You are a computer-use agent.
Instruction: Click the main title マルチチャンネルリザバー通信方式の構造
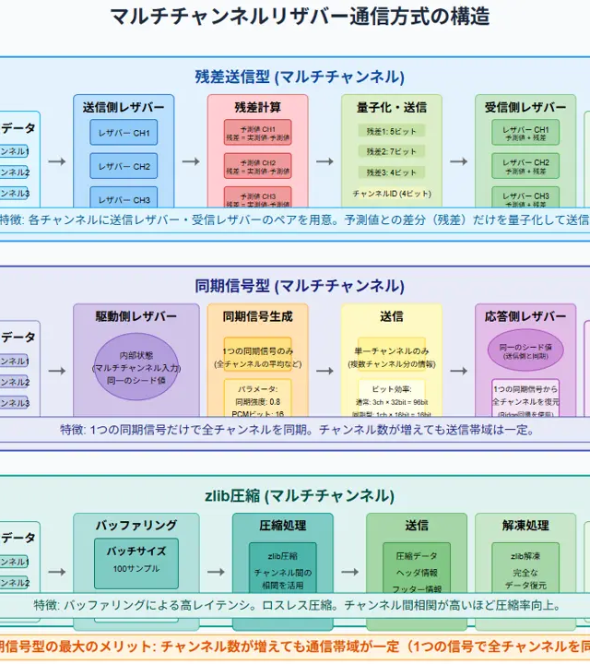(x=300, y=17)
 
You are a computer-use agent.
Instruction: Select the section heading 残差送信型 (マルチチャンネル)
(x=300, y=77)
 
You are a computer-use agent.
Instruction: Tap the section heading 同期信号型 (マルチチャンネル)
(x=300, y=286)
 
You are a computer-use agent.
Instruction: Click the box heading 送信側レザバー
(x=124, y=107)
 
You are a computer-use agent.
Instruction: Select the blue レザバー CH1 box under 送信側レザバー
(x=124, y=133)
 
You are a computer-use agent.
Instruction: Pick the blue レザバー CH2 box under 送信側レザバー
(x=124, y=167)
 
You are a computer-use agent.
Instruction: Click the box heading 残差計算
(x=257, y=107)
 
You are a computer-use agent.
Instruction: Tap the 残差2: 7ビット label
(x=392, y=151)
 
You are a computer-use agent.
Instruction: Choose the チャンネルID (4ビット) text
(x=392, y=194)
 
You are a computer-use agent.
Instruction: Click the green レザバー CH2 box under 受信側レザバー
(x=525, y=167)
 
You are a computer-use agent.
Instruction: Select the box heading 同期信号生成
(x=257, y=316)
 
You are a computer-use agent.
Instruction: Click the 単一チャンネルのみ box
(x=392, y=356)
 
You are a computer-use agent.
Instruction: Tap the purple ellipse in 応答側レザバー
(x=525, y=350)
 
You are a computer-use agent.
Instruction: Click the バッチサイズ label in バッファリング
(x=136, y=551)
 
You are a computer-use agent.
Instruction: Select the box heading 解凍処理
(x=525, y=526)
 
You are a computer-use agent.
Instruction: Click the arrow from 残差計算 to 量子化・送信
(x=324, y=161)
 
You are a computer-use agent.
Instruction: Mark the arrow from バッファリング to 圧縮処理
(x=216, y=572)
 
